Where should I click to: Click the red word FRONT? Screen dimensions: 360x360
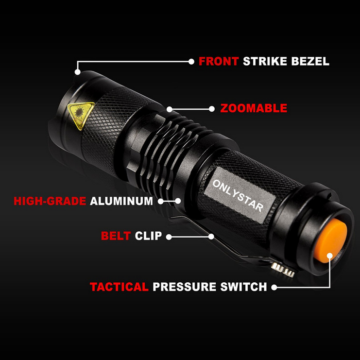[x=218, y=61]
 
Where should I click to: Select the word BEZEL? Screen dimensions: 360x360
[x=311, y=61]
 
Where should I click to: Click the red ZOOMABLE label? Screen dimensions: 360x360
[x=254, y=108]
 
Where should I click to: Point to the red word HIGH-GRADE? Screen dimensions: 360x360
[x=50, y=201]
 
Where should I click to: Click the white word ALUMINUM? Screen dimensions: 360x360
[x=121, y=201]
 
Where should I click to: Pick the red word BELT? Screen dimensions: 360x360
[x=116, y=237]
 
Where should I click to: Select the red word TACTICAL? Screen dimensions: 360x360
[x=119, y=287]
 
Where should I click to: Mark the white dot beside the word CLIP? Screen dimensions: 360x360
[x=168, y=237]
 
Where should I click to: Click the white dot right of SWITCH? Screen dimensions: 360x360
[x=274, y=287]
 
